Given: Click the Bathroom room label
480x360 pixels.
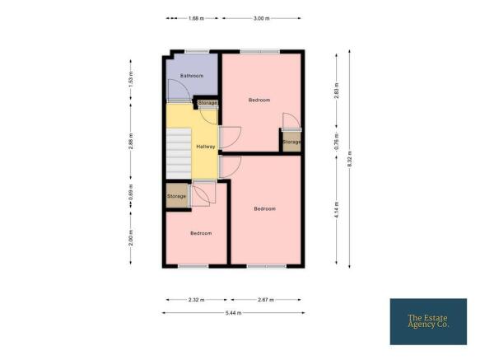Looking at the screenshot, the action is point(192,76).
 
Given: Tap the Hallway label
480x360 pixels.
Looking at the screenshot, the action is point(206,147).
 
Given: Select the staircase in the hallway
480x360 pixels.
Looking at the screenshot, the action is point(179,153).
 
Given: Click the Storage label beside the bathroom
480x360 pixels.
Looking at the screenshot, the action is point(207,103).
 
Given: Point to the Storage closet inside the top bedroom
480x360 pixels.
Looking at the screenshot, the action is point(291,142).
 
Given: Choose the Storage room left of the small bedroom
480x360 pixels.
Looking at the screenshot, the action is point(177,196).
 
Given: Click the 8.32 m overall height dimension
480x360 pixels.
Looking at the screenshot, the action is point(350,159).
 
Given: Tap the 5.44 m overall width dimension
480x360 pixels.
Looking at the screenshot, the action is point(234,313).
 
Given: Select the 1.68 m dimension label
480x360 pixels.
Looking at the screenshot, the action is point(196,18).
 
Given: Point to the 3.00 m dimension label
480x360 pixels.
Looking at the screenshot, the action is point(262,18).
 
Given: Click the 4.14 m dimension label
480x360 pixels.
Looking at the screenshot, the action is point(337,210).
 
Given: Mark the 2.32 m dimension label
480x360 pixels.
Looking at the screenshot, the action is point(196,300).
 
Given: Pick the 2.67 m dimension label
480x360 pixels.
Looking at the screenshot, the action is point(266,300).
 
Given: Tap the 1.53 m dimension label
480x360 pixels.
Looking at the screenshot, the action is point(131,79).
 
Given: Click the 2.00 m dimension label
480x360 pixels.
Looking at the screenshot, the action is point(131,237).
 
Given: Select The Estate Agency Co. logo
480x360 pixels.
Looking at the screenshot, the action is point(428,322).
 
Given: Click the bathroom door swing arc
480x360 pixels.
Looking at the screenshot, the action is point(183,85).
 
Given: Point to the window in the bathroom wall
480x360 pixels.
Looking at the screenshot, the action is point(197,51).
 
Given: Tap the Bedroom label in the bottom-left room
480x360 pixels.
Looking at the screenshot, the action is point(201,233).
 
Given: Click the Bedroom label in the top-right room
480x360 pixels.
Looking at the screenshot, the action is point(259,101).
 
